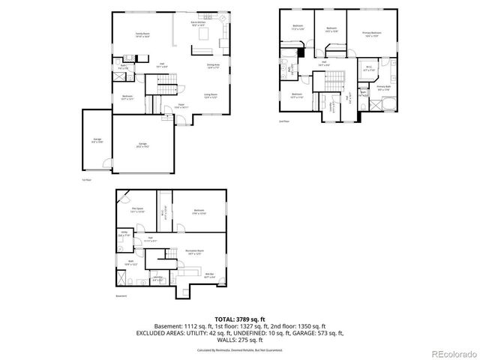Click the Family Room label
[x=141, y=34]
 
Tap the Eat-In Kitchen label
[x=199, y=24]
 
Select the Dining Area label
[x=212, y=66]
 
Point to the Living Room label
[x=211, y=95]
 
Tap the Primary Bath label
[x=383, y=88]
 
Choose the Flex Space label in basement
[x=136, y=211]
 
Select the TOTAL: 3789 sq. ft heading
[x=240, y=318]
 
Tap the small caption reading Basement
[x=121, y=296]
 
